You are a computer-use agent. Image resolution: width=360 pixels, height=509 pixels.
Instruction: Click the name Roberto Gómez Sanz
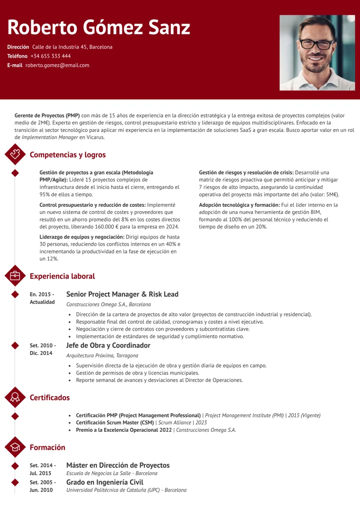(99, 28)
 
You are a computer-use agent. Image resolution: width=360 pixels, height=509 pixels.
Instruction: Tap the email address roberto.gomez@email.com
(57, 65)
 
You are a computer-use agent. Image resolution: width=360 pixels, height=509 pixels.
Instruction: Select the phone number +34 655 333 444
(50, 56)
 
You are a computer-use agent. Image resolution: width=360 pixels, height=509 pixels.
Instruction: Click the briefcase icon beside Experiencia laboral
(15, 276)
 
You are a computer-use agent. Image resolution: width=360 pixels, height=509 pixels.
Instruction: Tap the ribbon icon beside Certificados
(15, 397)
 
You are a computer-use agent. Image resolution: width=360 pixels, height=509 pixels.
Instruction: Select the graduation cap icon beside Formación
(15, 447)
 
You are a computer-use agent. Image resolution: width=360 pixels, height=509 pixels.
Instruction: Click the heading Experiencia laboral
(62, 276)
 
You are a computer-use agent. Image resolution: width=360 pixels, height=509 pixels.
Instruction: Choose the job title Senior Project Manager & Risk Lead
(122, 294)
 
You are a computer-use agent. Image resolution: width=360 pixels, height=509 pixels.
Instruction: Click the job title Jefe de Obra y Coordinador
(108, 345)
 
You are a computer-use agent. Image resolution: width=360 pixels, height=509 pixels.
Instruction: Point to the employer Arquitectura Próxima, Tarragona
(102, 355)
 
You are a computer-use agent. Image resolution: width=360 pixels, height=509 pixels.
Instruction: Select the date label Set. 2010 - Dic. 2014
(42, 349)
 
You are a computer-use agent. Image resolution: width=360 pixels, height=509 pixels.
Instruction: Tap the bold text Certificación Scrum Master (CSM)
(114, 423)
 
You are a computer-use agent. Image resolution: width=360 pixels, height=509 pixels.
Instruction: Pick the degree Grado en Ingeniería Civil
(104, 482)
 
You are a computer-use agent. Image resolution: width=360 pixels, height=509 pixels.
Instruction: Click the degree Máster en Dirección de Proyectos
(118, 465)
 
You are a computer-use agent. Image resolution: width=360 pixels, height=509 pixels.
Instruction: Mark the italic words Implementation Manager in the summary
(50, 137)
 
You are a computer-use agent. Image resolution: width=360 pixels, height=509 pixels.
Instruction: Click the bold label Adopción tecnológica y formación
(239, 205)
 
